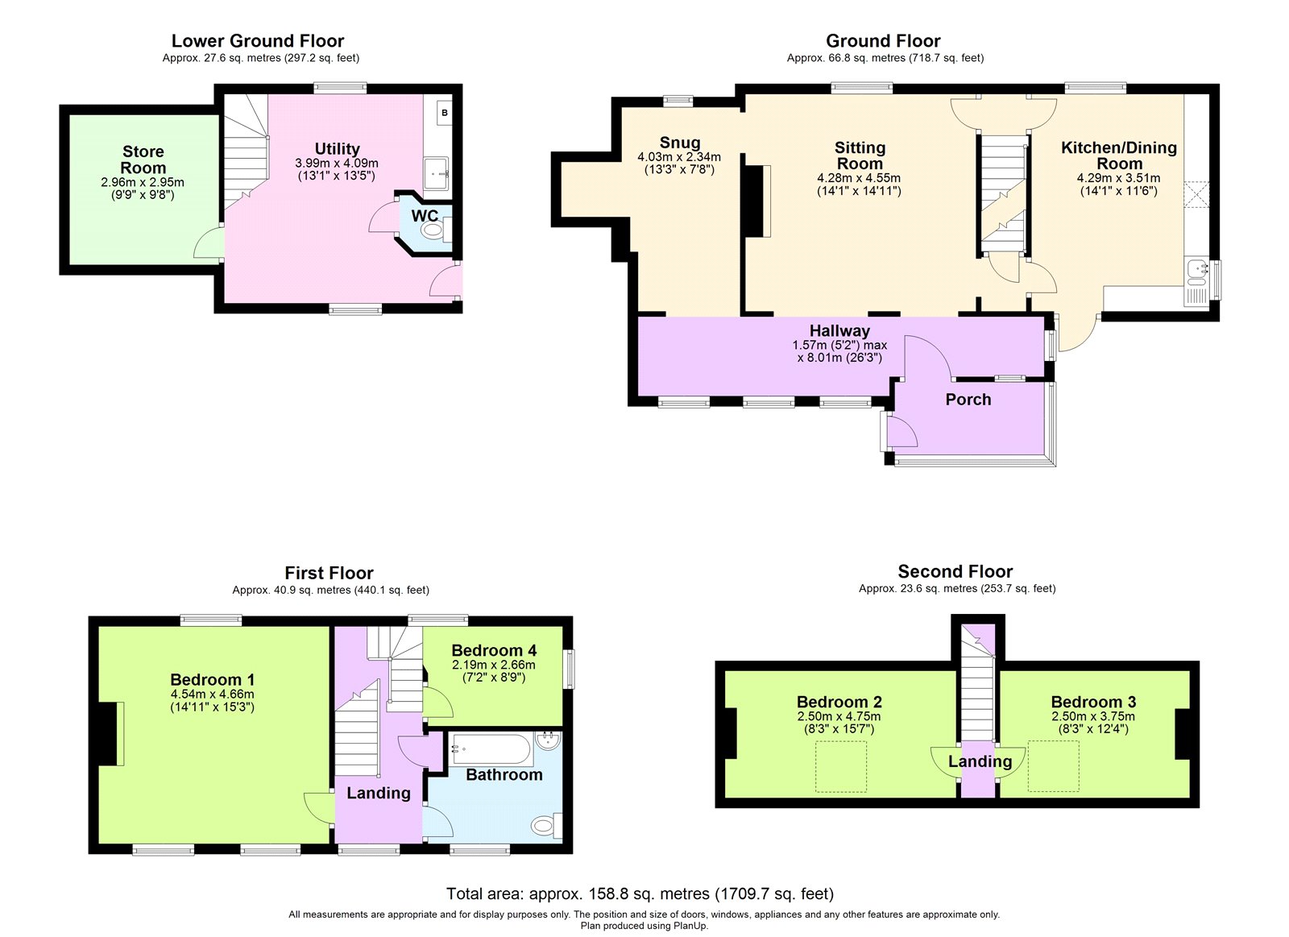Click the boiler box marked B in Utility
point(445,113)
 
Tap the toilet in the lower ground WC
point(433,230)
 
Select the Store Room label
point(143,160)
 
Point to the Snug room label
point(679,143)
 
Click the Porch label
point(968,400)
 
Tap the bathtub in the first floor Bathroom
point(491,749)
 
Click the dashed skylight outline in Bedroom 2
point(841,767)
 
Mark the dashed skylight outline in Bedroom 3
point(1053,766)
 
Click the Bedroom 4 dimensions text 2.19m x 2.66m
point(493,665)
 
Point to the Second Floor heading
point(955,571)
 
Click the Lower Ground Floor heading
point(257,41)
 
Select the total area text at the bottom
point(640,893)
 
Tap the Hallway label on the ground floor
point(839,330)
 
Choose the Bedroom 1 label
point(212,679)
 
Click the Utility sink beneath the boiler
point(437,172)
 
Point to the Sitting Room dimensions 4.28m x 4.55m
point(859,178)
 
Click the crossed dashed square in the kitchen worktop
point(1196,195)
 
